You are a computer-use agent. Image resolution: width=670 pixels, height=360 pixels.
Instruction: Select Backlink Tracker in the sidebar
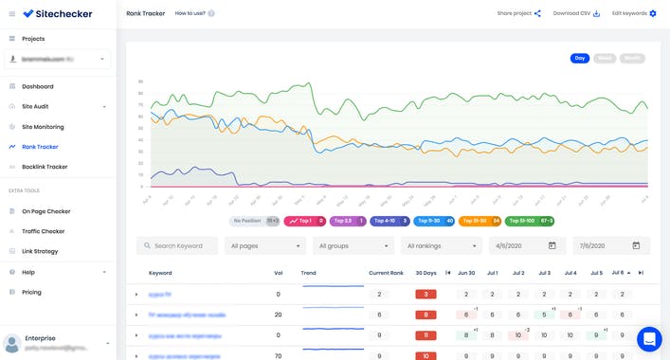pos(45,167)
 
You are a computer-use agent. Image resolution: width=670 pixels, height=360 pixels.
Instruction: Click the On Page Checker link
pos(45,211)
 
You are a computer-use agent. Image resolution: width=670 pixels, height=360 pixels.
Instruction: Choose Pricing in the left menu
pos(32,292)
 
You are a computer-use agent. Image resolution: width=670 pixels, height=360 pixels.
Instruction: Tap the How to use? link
pos(194,13)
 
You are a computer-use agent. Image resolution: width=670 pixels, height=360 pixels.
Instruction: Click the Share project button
pos(518,13)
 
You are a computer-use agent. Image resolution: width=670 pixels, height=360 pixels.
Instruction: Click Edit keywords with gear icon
pos(633,13)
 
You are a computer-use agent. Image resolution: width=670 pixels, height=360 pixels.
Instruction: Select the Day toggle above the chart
pos(579,59)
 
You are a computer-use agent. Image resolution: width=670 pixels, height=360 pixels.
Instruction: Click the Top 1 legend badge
pos(306,221)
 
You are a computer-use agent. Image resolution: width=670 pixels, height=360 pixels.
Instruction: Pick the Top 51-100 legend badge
pos(532,221)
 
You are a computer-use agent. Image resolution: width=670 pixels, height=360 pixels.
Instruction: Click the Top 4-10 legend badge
pos(389,221)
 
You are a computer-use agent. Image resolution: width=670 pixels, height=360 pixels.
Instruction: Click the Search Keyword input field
pos(177,245)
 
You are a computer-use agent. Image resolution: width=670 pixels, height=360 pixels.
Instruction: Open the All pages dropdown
pos(265,245)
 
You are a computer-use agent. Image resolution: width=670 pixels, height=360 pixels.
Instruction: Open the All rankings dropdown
pos(441,245)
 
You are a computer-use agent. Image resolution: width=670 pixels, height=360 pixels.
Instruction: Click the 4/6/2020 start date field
pos(522,245)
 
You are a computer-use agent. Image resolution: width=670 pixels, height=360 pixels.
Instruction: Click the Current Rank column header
pos(387,273)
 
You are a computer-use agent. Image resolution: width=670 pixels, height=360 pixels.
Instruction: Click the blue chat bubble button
pos(649,338)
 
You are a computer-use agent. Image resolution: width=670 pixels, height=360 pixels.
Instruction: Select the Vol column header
pos(279,273)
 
